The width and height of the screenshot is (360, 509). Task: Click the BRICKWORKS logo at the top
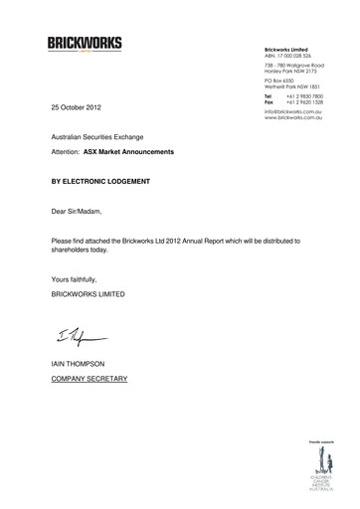click(x=85, y=43)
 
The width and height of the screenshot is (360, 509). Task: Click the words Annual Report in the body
click(x=220, y=242)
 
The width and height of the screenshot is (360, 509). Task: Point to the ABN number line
click(x=288, y=56)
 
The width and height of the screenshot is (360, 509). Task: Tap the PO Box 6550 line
click(x=284, y=81)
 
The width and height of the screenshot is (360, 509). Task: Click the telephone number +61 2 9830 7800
click(x=304, y=96)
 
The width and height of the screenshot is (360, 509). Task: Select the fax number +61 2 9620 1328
click(x=304, y=102)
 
